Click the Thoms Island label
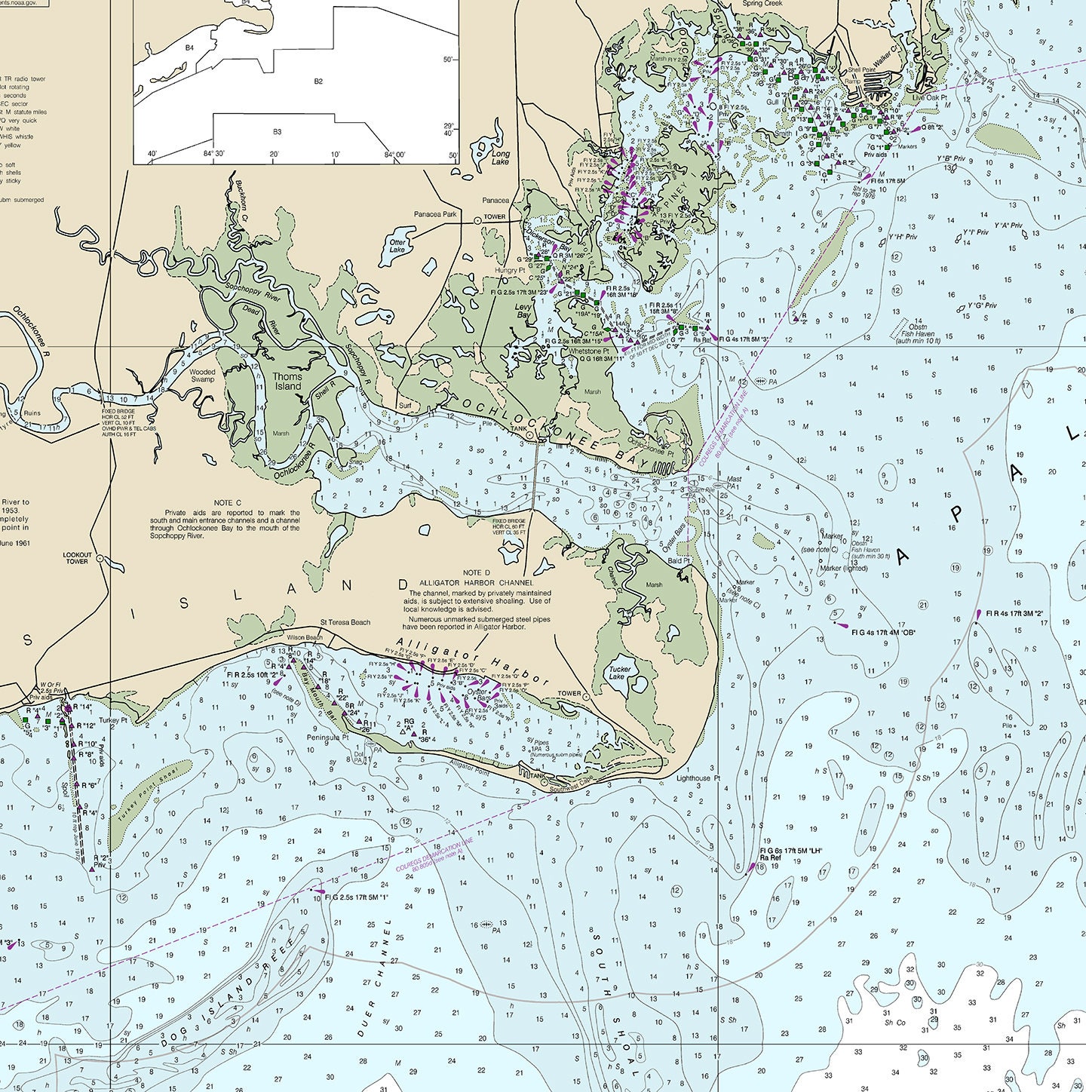pyautogui.click(x=287, y=382)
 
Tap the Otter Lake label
pyautogui.click(x=397, y=246)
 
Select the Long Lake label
pyautogui.click(x=501, y=158)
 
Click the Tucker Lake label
pyautogui.click(x=620, y=673)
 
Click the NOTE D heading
pyautogui.click(x=477, y=573)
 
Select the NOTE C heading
pyautogui.click(x=227, y=502)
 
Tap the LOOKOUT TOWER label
pyautogui.click(x=77, y=558)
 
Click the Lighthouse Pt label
pyautogui.click(x=698, y=778)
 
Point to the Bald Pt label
pyautogui.click(x=679, y=561)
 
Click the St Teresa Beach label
pyautogui.click(x=345, y=622)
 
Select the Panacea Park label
pyautogui.click(x=435, y=214)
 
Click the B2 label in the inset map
pyautogui.click(x=318, y=81)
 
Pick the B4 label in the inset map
pyautogui.click(x=190, y=48)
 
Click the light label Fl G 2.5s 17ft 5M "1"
pyautogui.click(x=357, y=897)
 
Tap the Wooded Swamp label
pyautogui.click(x=202, y=376)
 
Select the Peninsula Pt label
pyautogui.click(x=327, y=737)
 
